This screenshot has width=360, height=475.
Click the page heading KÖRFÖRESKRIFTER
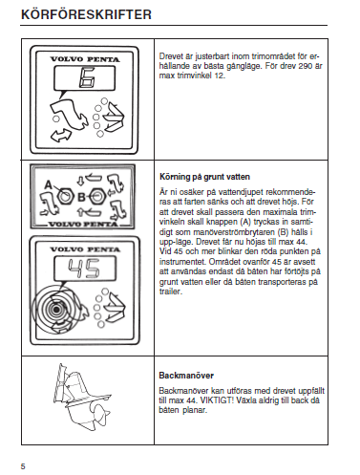(86, 14)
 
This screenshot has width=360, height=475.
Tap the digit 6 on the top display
(86, 77)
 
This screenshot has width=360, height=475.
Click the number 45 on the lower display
(84, 269)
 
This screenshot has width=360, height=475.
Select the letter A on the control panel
(48, 184)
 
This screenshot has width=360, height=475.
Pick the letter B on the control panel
(81, 197)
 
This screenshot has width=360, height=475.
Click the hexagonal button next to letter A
(66, 197)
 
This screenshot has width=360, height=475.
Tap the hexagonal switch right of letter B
(97, 197)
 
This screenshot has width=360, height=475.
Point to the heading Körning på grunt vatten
(204, 177)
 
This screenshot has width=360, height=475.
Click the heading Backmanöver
(186, 376)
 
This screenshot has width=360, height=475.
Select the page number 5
(23, 466)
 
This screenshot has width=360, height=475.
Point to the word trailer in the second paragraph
(171, 291)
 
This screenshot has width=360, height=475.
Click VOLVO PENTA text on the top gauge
(85, 59)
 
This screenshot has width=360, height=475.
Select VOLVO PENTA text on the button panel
(83, 224)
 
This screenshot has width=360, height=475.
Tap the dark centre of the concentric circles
(56, 309)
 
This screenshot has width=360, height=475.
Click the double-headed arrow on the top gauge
(61, 136)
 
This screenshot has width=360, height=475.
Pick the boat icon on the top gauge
(115, 117)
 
